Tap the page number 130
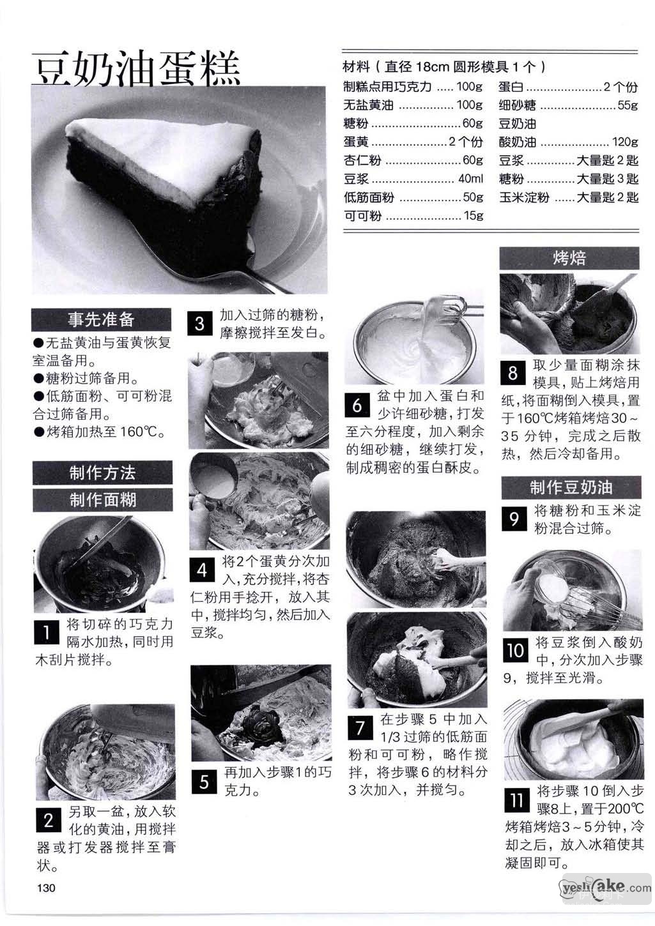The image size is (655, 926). point(46,888)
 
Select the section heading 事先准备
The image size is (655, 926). point(102,319)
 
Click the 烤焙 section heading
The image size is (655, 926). point(569,258)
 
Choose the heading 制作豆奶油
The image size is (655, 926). point(571,487)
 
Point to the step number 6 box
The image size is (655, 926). point(357,405)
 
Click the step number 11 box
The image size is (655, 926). point(517,800)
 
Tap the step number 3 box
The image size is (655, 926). point(199,324)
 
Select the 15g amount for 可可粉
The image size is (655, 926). point(474,215)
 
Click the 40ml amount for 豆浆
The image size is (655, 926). point(471,179)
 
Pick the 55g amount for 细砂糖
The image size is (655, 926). point(628,105)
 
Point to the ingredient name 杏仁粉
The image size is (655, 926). point(362,160)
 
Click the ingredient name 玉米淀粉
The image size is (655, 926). point(524,197)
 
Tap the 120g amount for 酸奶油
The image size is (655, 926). point(625,142)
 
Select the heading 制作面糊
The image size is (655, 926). point(103,500)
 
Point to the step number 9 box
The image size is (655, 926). point(514,519)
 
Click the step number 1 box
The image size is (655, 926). point(47,632)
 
